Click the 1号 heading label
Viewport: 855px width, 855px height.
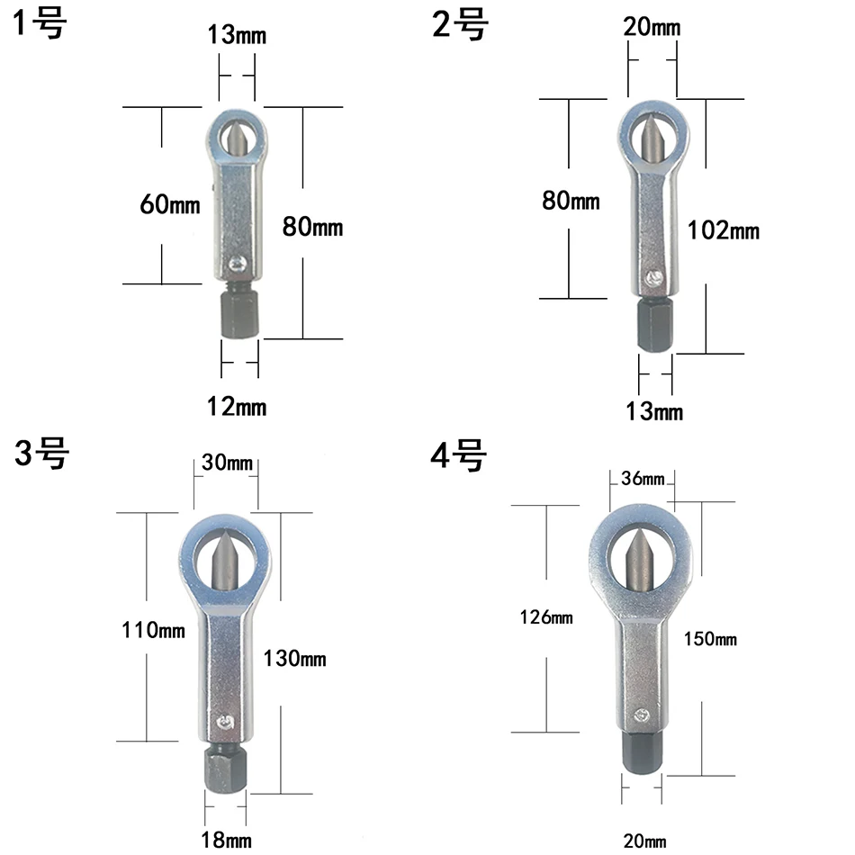tap(40, 24)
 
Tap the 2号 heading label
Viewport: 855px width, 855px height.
tap(460, 25)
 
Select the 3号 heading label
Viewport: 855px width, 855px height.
tap(41, 454)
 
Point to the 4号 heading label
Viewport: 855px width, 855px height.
tap(458, 456)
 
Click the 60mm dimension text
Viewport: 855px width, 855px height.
tap(170, 204)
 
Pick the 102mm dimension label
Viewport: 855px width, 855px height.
tap(723, 230)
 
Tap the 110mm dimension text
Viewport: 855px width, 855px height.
tap(153, 630)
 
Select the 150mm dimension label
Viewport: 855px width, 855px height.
tap(710, 638)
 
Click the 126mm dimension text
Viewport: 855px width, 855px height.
tap(546, 617)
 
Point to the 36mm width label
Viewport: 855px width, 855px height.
tap(643, 478)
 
